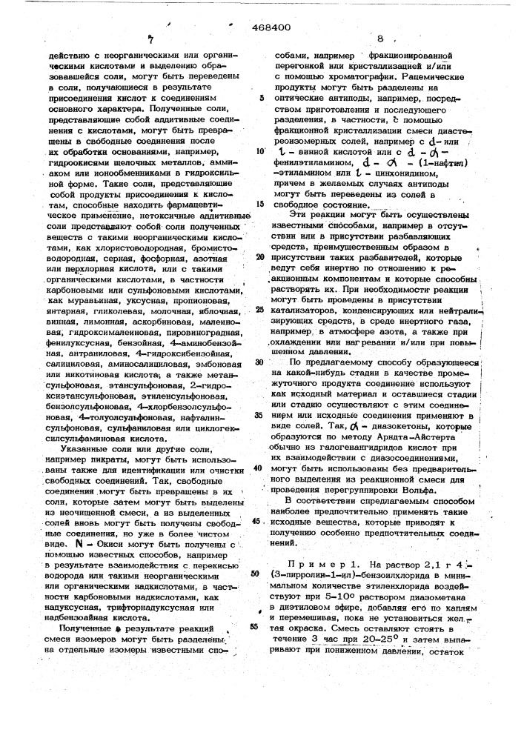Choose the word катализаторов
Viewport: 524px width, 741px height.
pyautogui.click(x=312, y=310)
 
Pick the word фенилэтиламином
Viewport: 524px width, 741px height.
pyautogui.click(x=311, y=159)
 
